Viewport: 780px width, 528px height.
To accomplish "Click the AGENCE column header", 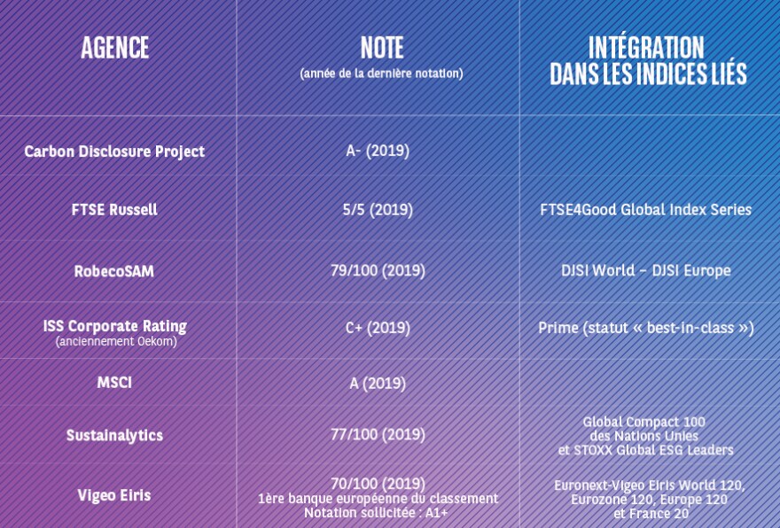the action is coord(115,48).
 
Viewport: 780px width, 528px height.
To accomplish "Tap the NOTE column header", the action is coord(381,48).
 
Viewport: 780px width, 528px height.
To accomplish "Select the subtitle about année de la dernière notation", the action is coord(381,74).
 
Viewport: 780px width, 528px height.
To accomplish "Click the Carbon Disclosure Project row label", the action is coord(114,151).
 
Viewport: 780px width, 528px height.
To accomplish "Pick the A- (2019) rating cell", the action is coord(378,151).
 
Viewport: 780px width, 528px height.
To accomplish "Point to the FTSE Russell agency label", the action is coord(114,209).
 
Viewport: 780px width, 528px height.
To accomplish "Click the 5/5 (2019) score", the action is coord(378,209).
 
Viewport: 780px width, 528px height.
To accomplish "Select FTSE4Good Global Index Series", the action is coord(645,209).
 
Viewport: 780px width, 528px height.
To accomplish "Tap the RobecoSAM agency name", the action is coord(114,271).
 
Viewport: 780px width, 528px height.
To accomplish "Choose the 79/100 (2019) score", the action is coord(378,270).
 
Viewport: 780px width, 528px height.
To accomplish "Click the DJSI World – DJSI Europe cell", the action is coord(645,270).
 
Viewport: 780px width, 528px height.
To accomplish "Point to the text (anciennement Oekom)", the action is coord(116,342).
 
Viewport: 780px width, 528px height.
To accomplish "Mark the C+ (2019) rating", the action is coord(378,328).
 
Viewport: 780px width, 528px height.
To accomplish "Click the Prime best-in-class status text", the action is coord(645,328).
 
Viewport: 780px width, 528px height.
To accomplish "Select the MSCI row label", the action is coord(114,383).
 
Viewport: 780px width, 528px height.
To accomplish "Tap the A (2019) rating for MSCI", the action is coord(378,384).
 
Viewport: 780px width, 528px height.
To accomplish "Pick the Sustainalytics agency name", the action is coord(114,436).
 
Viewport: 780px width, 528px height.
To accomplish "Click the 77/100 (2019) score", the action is coord(378,434).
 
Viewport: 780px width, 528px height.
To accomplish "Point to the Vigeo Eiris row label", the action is coord(114,495).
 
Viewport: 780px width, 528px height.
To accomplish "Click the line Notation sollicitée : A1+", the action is coord(376,513).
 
